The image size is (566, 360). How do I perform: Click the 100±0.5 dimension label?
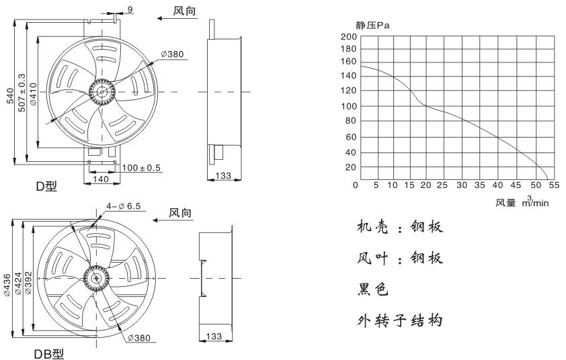(141, 168)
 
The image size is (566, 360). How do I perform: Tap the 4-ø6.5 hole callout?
(122, 208)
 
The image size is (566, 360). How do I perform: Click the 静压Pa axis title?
(373, 25)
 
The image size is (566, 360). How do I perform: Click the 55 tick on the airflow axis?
(551, 185)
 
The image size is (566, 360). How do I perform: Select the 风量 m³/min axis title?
(522, 201)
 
